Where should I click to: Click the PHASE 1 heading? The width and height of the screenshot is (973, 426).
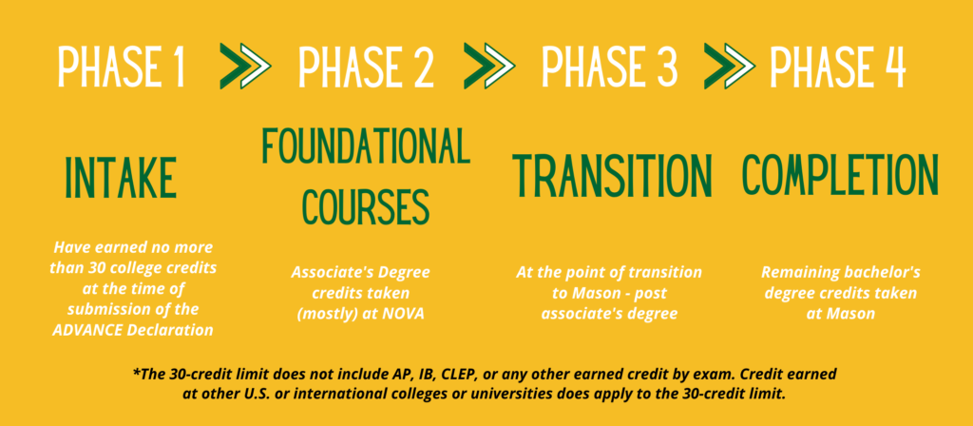point(122,67)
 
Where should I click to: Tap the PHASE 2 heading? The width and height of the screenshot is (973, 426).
point(366,67)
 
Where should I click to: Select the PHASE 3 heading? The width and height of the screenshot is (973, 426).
point(609,67)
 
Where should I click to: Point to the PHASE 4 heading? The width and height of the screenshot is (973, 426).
point(838,67)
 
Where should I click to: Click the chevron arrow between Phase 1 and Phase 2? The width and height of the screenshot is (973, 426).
point(245,67)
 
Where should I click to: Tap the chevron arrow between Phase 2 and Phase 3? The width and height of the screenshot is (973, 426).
point(489,67)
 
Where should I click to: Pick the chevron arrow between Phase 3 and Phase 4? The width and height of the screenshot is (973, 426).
point(729,67)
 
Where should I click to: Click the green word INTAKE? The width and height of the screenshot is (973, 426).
point(121,178)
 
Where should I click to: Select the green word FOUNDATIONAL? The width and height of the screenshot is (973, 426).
point(366,145)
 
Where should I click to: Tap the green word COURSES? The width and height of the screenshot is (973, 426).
point(366,205)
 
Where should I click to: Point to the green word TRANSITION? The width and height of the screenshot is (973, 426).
point(611,176)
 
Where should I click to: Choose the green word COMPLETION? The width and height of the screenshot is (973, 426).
point(841,175)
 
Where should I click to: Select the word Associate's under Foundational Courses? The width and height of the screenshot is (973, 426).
point(327,272)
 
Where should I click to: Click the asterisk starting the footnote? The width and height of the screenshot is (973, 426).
point(136,373)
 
